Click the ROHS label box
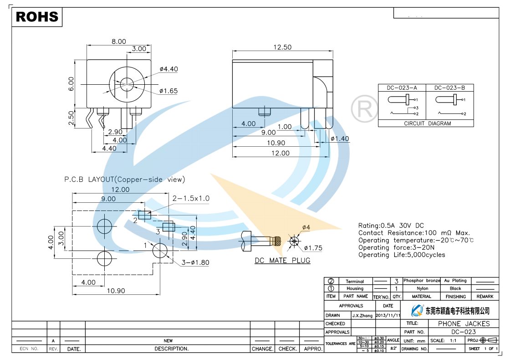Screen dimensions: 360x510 [37, 17]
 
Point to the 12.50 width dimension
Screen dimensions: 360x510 [282, 47]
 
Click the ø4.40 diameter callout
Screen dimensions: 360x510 [168, 69]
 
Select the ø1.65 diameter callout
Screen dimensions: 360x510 [168, 91]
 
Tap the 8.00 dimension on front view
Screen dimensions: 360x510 [119, 41]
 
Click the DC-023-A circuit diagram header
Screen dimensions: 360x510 [402, 88]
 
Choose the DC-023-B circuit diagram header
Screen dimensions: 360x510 [449, 88]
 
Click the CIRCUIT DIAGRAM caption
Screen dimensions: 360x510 [427, 123]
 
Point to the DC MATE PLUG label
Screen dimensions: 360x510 [282, 261]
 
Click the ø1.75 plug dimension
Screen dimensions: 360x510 [313, 248]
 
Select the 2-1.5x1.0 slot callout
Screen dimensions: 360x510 [191, 198]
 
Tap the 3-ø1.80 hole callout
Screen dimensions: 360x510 [195, 262]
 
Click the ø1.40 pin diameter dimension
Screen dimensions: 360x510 [340, 139]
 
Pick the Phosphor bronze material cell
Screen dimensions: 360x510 [422, 281]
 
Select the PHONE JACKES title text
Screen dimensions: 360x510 [464, 324]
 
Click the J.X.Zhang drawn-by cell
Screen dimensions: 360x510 [363, 315]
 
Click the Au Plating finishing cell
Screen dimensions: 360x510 [455, 281]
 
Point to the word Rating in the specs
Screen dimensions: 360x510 [368, 226]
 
